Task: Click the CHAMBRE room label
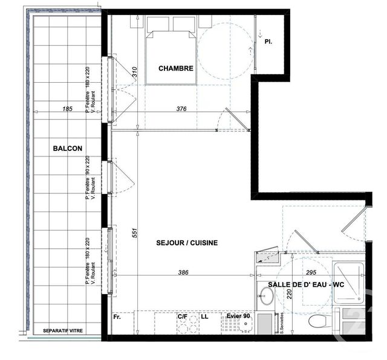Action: [176, 68]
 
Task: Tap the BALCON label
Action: [67, 148]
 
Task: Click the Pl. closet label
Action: [268, 42]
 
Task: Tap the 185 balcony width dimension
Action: [67, 109]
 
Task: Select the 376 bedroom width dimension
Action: [181, 109]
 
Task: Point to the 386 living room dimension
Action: [183, 272]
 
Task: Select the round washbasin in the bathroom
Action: [265, 295]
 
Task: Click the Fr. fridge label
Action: [117, 316]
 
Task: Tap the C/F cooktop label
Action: [182, 316]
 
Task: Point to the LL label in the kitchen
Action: [204, 316]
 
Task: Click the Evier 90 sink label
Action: [238, 316]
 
